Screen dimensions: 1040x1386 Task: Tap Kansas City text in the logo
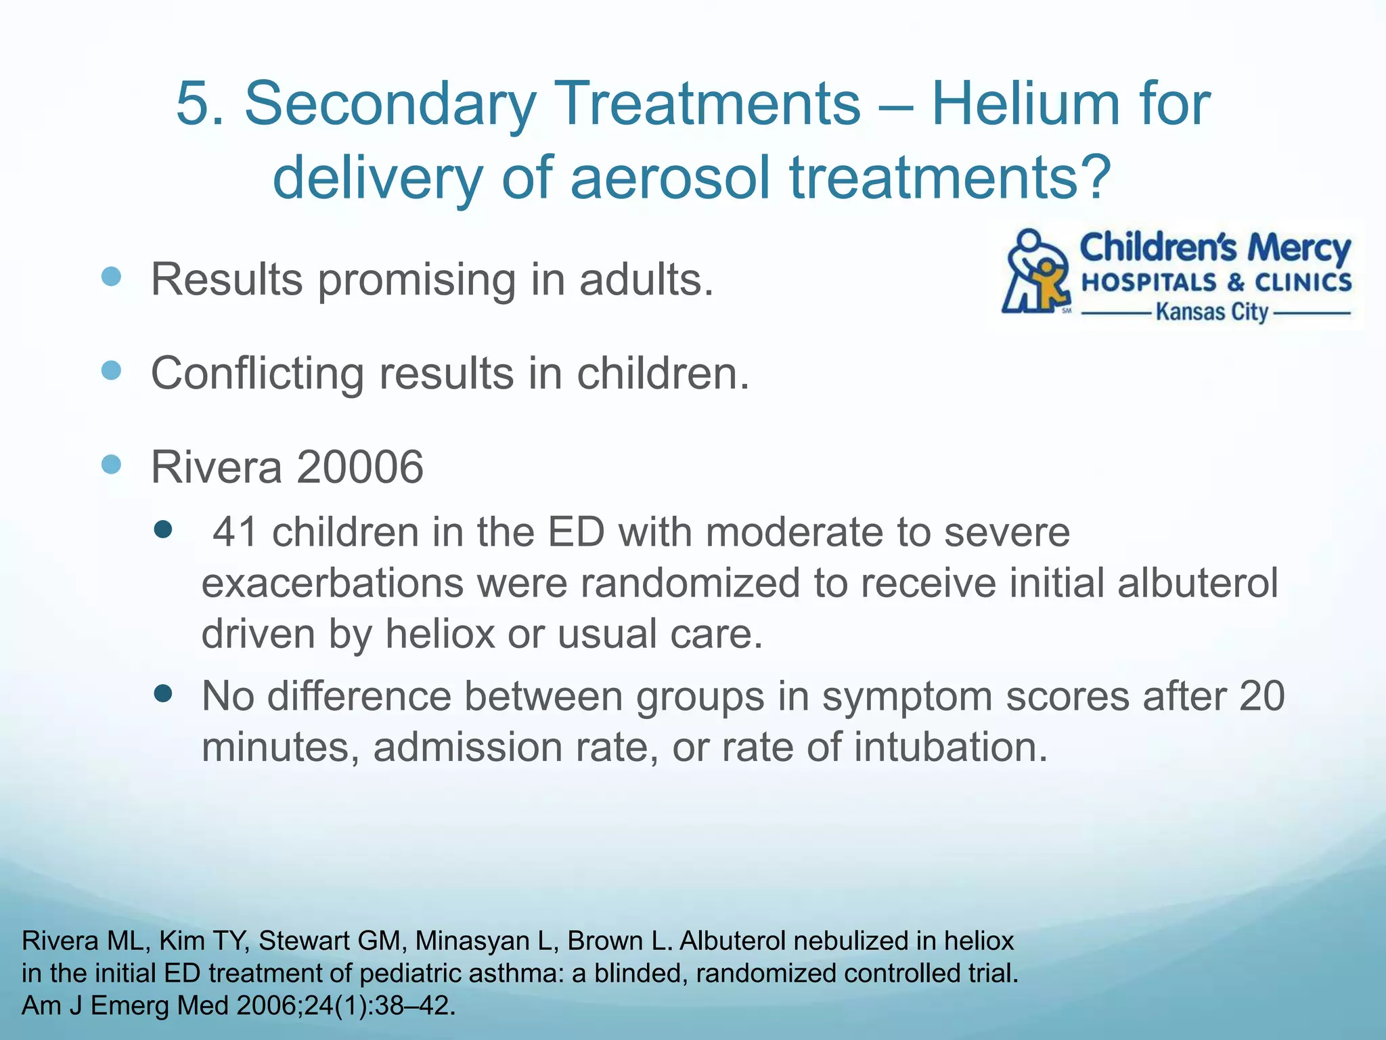point(1211,313)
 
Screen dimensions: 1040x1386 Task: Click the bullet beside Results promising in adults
point(111,276)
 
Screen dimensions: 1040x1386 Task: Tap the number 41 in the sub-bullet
point(235,532)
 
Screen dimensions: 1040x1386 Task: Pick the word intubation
point(950,747)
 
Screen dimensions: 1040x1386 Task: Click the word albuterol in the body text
point(1197,583)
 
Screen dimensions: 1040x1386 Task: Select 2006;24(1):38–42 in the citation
point(346,1006)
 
